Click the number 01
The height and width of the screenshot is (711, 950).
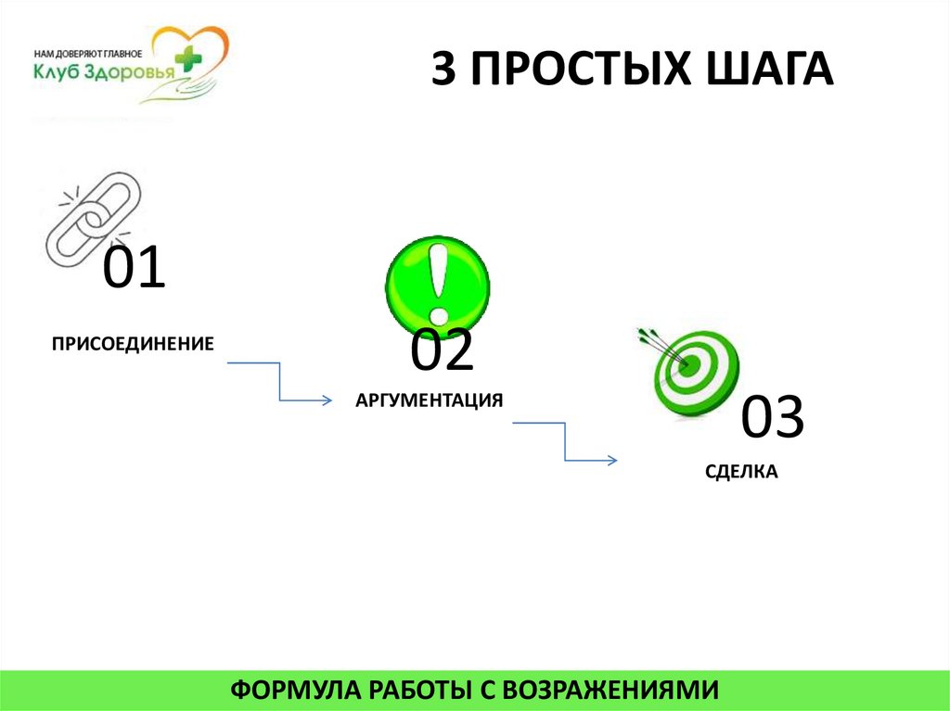click(134, 269)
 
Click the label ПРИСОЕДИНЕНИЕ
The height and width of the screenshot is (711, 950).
click(133, 344)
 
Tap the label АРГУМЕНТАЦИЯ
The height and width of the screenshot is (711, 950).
click(429, 400)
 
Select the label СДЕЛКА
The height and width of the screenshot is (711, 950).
click(740, 472)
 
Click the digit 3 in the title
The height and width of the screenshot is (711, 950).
click(444, 71)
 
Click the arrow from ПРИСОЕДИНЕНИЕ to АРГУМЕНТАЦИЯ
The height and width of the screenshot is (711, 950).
click(279, 382)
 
